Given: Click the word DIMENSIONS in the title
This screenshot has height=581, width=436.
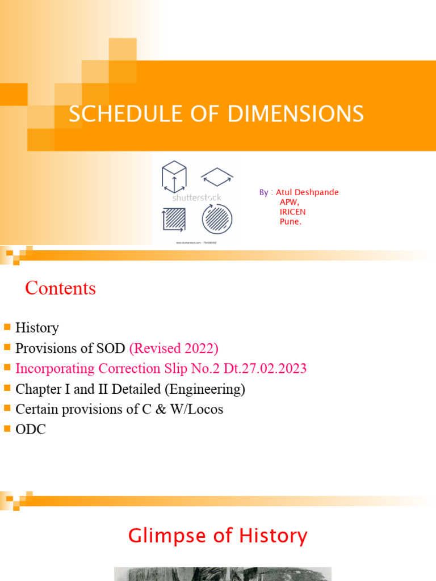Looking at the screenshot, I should pos(296,114).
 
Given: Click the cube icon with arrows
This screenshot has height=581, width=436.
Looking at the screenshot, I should pos(174,176).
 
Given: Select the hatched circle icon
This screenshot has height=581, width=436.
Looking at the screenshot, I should pos(217,219).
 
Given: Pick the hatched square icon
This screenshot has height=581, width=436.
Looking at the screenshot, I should pos(174,219).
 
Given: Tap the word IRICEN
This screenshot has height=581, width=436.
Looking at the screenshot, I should pos(292,212).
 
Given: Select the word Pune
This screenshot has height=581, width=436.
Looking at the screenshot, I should pos(290,221).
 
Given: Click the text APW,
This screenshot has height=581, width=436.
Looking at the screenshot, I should pos(289,202).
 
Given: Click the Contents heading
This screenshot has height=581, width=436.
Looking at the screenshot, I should pos(61,288).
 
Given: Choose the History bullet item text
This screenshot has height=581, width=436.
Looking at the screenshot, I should pos(37,328).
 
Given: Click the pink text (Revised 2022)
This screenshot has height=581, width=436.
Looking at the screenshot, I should pos(174,348).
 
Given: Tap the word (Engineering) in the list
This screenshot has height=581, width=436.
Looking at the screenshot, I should pos(212,389).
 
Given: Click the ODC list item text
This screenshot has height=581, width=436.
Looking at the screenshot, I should pos(31,430).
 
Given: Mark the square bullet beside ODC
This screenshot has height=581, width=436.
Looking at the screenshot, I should pos(7,429).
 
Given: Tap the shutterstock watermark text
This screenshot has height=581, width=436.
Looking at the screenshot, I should pos(196,197).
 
